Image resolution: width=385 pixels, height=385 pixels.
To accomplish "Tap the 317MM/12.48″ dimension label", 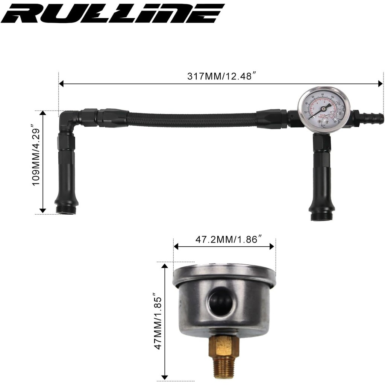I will click(222, 76).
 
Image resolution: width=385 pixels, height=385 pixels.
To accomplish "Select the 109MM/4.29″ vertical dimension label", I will click(36, 162).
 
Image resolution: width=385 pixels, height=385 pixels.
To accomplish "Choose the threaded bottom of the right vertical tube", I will click(321, 216).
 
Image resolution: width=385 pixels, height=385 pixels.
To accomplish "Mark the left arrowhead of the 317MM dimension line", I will click(61, 84).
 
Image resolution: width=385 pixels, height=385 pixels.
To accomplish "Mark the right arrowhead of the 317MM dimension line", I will click(380, 84).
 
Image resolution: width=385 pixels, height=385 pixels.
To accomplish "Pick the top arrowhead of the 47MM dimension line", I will click(164, 266).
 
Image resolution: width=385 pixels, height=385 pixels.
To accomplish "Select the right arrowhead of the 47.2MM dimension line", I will click(272, 246).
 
